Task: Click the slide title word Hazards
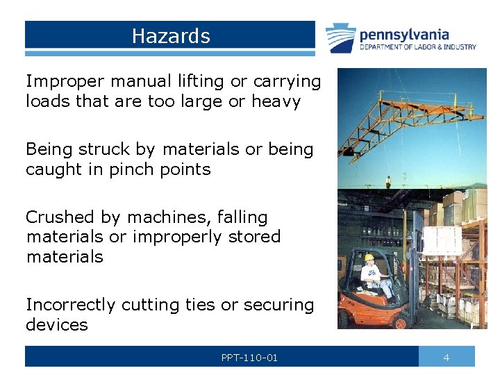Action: click(171, 36)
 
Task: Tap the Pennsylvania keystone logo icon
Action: click(341, 38)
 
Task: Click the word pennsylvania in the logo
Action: click(405, 34)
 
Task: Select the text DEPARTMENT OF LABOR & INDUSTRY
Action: click(418, 47)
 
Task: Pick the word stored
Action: click(251, 237)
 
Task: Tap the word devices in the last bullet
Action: click(57, 324)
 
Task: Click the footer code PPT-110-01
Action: click(249, 358)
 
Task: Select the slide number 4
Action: click(447, 358)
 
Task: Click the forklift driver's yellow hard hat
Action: click(369, 258)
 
